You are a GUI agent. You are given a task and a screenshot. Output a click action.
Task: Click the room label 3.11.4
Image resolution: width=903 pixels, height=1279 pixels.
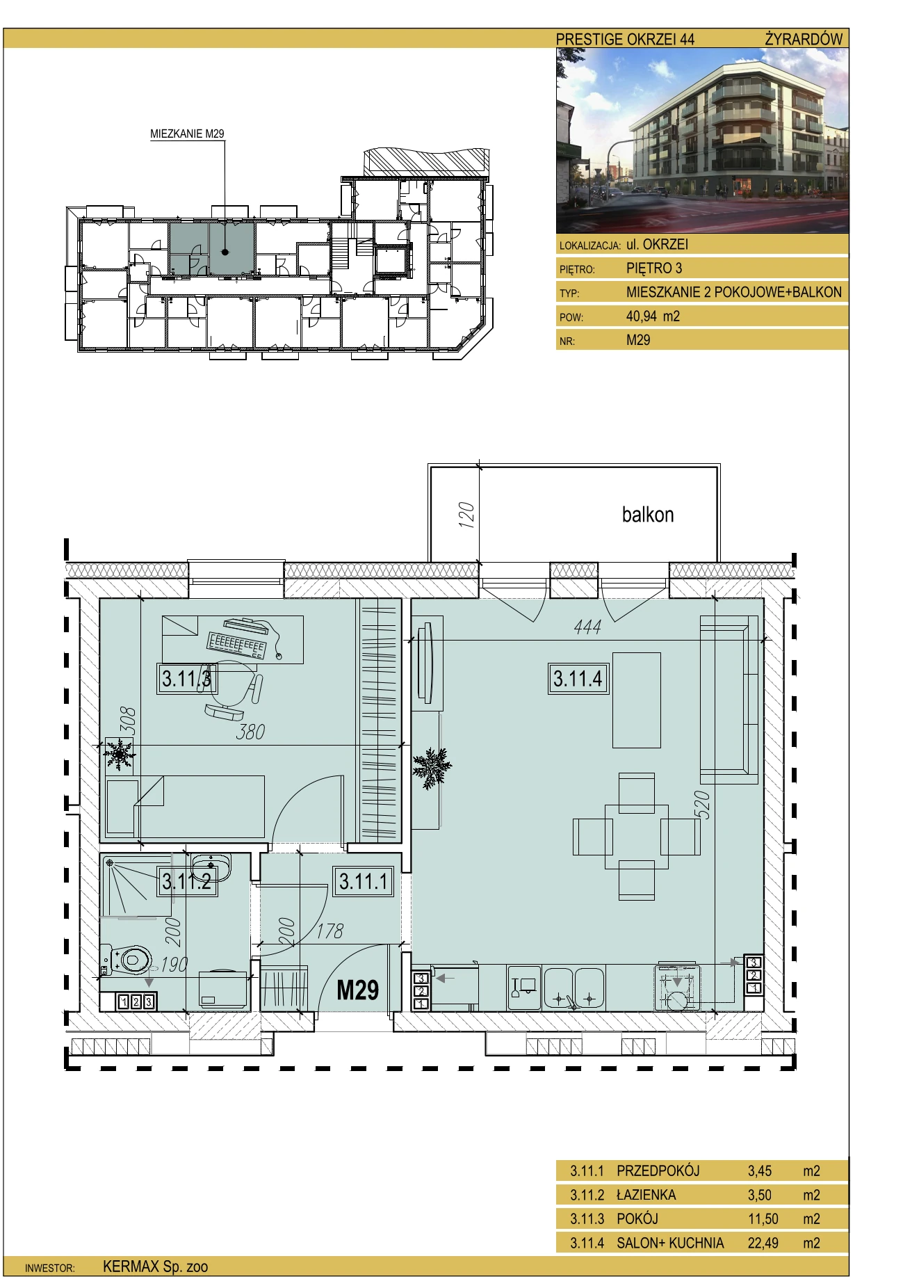click(x=578, y=678)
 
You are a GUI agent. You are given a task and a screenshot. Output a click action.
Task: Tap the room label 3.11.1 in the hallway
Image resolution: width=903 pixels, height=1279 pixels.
click(x=364, y=881)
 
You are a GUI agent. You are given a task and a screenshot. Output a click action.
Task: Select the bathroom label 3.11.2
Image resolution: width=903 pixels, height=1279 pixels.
click(x=186, y=882)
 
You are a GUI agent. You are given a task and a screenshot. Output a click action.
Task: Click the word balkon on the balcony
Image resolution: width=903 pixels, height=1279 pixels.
click(x=648, y=515)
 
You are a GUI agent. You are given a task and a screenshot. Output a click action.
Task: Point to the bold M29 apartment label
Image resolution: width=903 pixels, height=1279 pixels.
click(x=357, y=989)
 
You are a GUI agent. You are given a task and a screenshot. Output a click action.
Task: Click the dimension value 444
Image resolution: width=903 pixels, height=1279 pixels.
click(x=587, y=627)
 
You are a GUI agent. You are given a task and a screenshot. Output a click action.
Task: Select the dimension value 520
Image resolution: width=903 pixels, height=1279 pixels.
click(x=703, y=804)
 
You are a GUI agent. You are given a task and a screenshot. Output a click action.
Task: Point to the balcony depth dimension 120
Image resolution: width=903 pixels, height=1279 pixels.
click(x=467, y=515)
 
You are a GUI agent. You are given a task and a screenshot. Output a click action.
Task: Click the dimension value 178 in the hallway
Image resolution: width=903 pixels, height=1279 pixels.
click(x=330, y=931)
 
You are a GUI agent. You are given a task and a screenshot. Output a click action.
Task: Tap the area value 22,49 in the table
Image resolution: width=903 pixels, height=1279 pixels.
click(x=763, y=1243)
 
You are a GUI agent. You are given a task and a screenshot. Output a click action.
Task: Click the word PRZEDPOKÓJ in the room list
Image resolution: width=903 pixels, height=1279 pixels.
click(x=658, y=1171)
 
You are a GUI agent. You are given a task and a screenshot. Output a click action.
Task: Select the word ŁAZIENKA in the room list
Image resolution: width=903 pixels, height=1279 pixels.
click(x=646, y=1195)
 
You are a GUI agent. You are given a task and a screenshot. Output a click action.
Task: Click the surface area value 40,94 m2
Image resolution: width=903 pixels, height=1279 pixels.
click(x=653, y=316)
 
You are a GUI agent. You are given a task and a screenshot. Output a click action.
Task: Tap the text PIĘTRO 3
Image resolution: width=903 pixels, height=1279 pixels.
click(x=654, y=268)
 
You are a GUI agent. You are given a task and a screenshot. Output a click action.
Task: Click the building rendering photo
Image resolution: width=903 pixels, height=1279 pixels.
click(x=702, y=141)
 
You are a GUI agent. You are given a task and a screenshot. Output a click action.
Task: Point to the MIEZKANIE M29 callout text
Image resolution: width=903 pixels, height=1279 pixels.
click(x=188, y=134)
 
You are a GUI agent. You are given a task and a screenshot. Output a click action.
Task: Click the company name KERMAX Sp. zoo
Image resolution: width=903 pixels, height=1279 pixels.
click(x=155, y=1266)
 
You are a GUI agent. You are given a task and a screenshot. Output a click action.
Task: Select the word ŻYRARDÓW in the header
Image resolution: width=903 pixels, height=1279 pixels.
click(x=804, y=39)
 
